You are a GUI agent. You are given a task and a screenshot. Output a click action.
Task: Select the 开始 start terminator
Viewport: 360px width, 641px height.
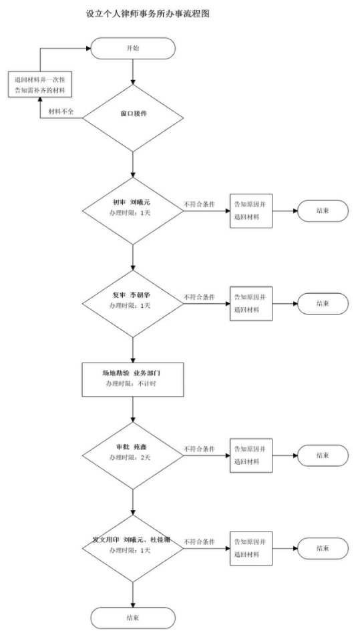pyautogui.click(x=133, y=48)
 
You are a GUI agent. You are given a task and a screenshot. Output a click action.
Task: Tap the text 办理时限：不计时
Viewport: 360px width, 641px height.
pyautogui.click(x=131, y=385)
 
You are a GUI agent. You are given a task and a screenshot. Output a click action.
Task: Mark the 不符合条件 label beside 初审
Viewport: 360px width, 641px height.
pyautogui.click(x=200, y=204)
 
